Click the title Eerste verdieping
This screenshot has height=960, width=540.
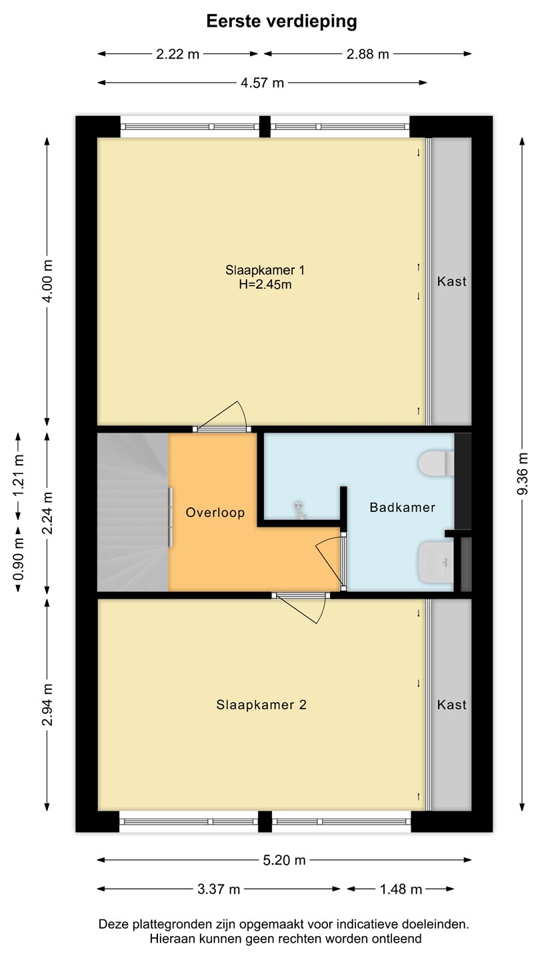point(281,22)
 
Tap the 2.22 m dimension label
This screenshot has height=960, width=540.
point(177,54)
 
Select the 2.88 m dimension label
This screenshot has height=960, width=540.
point(368,54)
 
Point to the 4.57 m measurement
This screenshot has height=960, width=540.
point(262,83)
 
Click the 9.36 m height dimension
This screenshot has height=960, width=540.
point(522,473)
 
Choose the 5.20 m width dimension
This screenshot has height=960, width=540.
point(284,860)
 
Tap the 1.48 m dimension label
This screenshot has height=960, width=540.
point(401,889)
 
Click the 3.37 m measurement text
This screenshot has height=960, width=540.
point(218,889)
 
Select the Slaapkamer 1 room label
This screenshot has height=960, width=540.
point(265,271)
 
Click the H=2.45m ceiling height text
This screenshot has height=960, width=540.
point(265,285)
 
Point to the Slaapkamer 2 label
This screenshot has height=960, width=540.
point(261,705)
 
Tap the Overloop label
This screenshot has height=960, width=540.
point(215,513)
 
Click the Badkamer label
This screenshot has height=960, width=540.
point(403,507)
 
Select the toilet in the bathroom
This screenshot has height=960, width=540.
point(436,463)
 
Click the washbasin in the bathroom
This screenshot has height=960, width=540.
point(436,562)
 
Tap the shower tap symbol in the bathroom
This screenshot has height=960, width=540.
point(299,511)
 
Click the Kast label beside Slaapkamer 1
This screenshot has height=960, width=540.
point(452,281)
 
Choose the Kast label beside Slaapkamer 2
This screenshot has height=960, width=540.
point(452,705)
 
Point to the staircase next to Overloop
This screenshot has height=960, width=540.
point(133,512)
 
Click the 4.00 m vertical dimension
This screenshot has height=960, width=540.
point(47,281)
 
